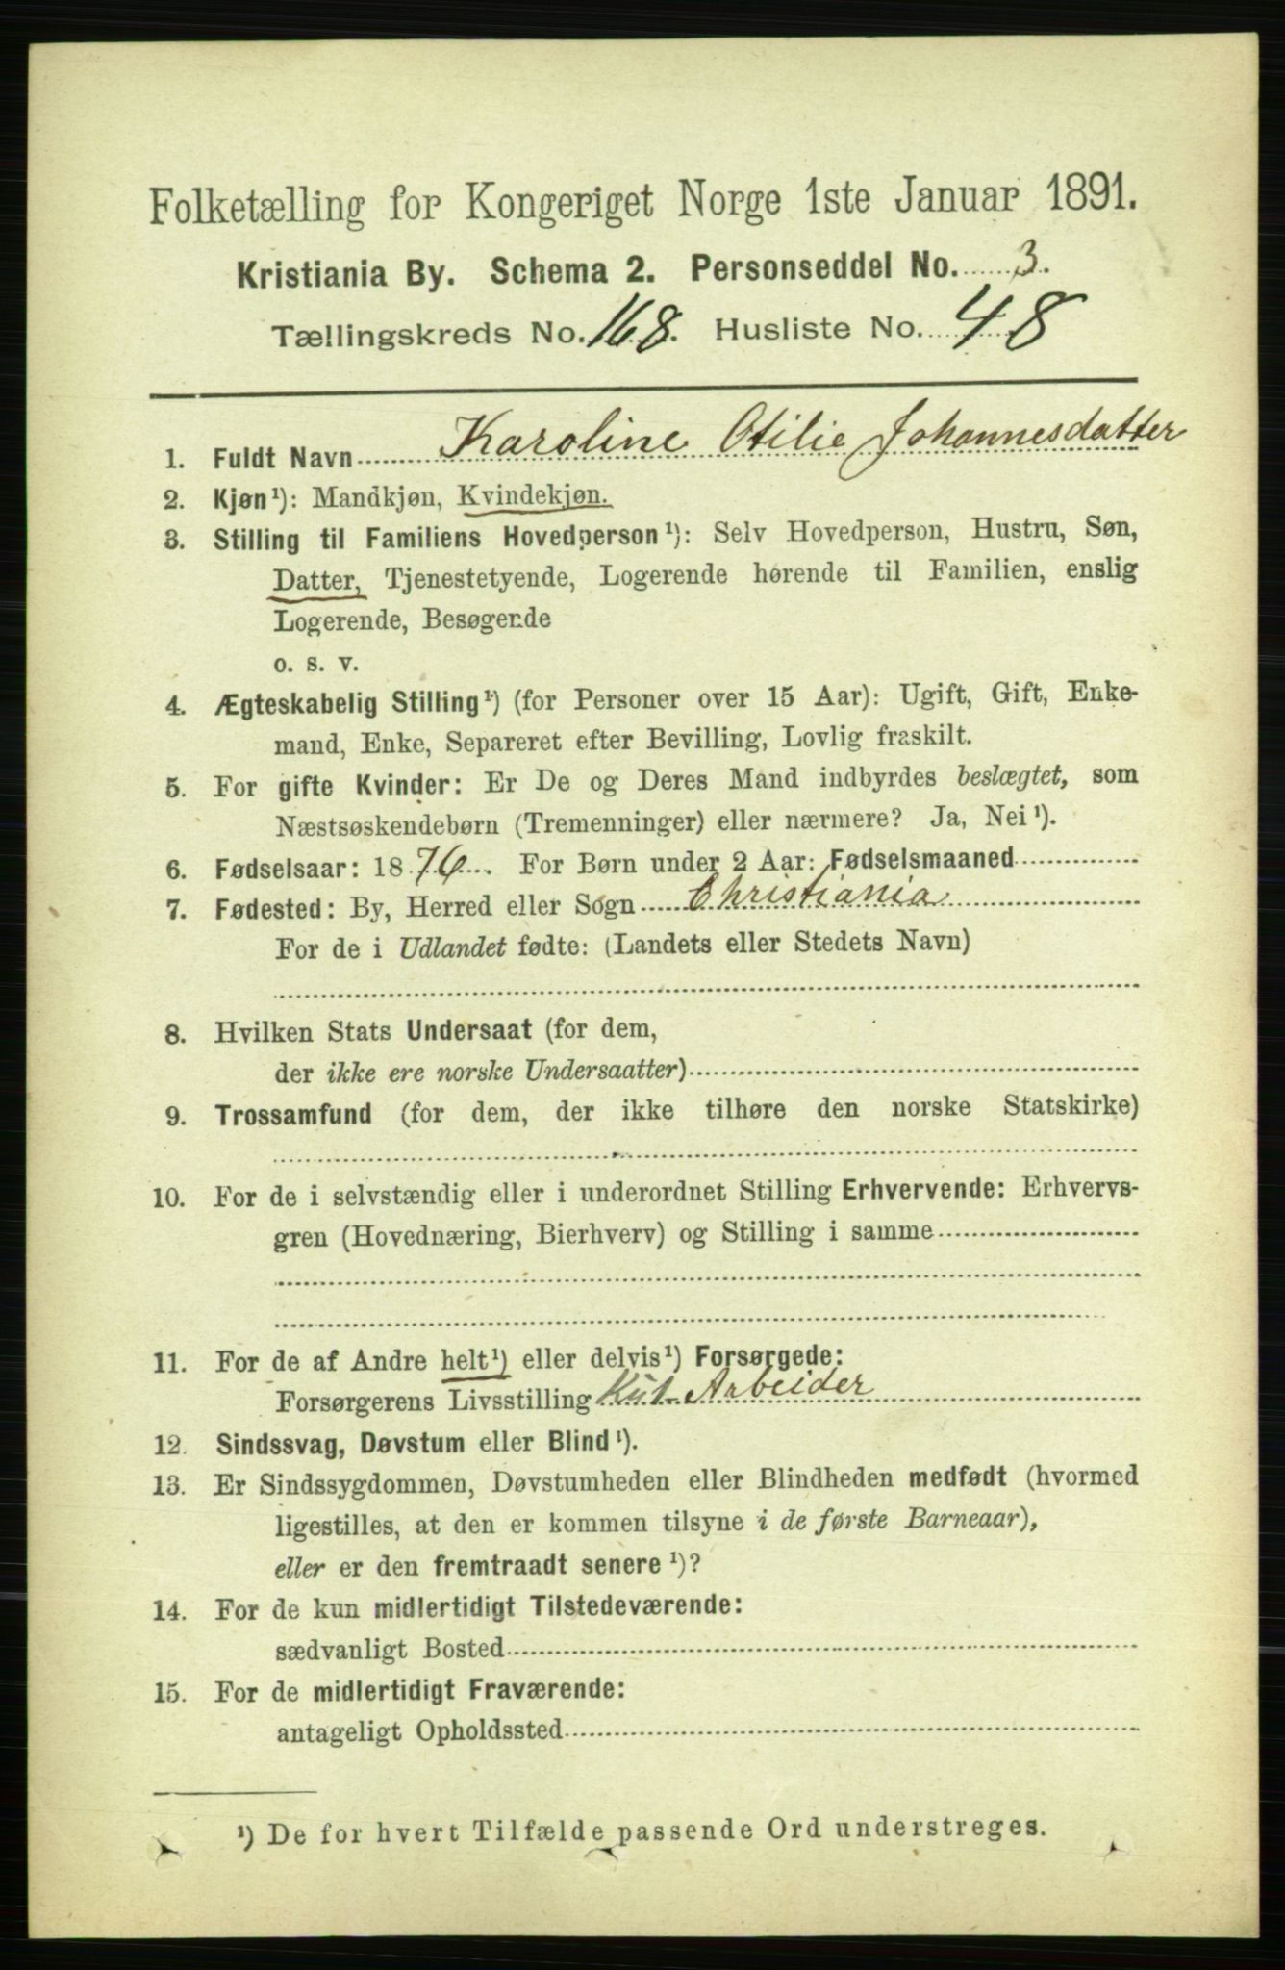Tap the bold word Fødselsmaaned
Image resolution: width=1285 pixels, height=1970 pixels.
[920, 858]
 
